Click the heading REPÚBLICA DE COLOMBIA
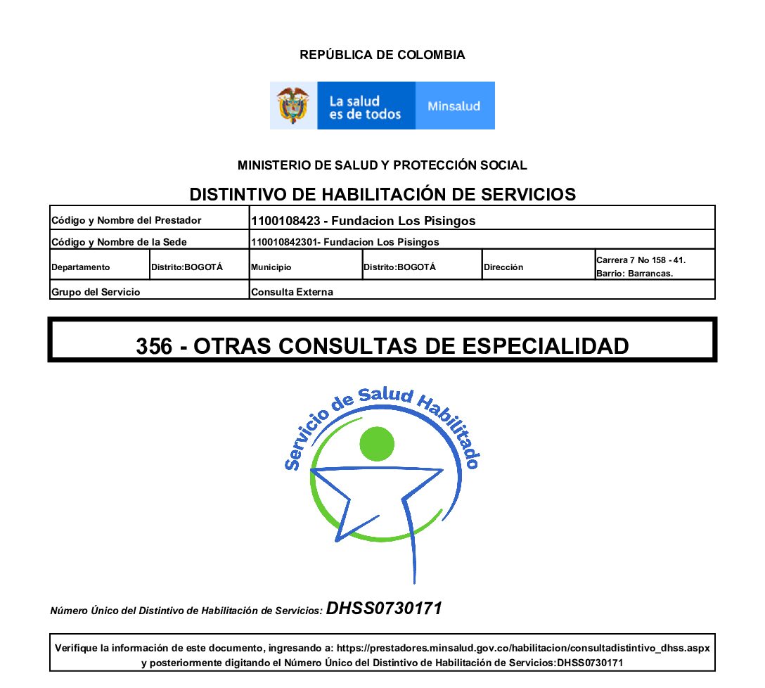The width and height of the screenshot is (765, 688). pos(382,55)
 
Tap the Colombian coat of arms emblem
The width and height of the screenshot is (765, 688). pos(293,106)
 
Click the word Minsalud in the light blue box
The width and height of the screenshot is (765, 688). pos(454,106)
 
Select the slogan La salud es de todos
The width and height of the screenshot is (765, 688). pos(364,107)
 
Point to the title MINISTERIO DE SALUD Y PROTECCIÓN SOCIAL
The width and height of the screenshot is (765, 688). pos(382,166)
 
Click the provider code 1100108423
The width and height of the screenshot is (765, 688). pos(285,221)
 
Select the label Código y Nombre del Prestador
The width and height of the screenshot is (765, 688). pos(127,221)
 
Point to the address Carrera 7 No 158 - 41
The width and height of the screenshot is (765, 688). pos(641,260)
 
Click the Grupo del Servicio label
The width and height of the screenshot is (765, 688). pos(96,292)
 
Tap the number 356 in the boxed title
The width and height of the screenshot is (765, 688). pos(154,346)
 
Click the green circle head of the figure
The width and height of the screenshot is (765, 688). pos(378,444)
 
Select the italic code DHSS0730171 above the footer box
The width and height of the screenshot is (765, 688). pos(384,609)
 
